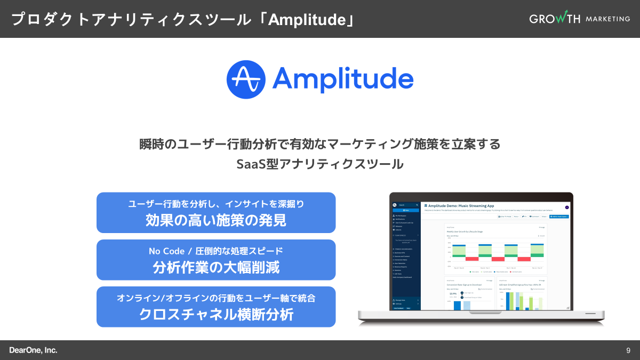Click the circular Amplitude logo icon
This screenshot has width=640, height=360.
[x=246, y=79]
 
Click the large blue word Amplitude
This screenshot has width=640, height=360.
[x=343, y=79]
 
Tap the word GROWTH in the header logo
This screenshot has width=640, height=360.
[x=555, y=19]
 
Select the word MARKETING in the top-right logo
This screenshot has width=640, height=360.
[x=607, y=19]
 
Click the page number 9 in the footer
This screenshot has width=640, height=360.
[x=628, y=350]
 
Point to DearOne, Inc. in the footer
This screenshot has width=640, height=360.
[x=33, y=350]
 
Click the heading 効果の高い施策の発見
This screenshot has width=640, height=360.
[x=216, y=220]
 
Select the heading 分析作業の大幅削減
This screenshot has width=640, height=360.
[x=216, y=267]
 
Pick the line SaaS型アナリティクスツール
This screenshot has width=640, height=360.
[x=320, y=164]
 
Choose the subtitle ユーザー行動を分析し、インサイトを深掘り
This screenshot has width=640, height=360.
[x=216, y=204]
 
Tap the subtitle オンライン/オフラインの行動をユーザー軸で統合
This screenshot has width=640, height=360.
[x=216, y=298]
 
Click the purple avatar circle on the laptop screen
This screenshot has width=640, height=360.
[x=567, y=207]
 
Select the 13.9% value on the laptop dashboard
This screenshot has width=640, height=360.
[x=453, y=293]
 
